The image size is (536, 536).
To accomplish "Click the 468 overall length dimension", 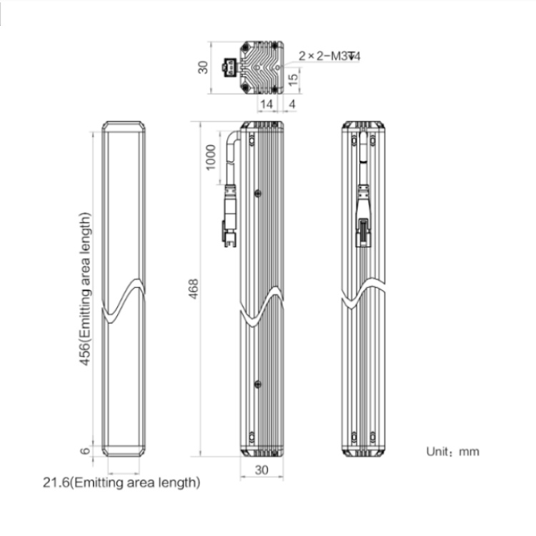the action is click(194, 289).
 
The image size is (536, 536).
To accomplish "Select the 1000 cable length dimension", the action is click(211, 157).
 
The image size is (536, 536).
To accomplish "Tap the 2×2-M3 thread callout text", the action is click(329, 56).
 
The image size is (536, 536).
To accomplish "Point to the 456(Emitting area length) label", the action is click(86, 289).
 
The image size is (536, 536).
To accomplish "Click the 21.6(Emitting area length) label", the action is click(121, 482).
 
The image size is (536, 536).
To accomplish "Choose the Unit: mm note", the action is click(452, 452).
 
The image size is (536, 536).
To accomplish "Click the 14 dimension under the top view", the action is click(267, 104).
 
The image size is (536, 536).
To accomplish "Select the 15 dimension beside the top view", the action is click(293, 79).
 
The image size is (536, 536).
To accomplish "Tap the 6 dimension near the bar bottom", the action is click(86, 451).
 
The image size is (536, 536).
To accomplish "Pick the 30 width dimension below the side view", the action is click(262, 470).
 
